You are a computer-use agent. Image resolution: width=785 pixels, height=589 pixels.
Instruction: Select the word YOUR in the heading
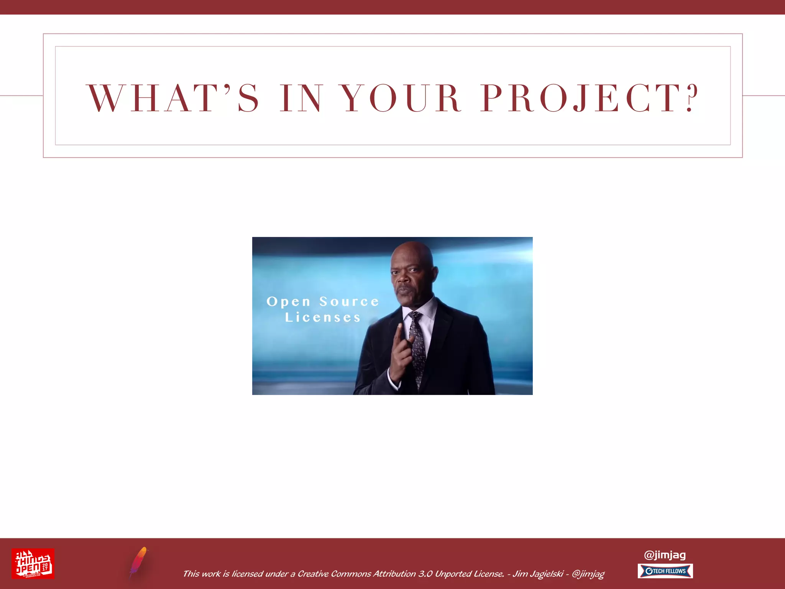pos(401,98)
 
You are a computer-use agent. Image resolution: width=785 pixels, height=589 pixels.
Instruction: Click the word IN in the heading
pos(301,98)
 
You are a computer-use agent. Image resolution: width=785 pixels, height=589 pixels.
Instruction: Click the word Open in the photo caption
pos(288,302)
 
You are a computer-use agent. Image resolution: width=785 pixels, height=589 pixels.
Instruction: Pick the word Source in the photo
pos(349,302)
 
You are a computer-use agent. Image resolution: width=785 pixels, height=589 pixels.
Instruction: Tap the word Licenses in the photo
pos(323,318)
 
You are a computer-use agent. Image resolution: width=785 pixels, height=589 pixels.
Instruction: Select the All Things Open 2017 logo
pos(33,563)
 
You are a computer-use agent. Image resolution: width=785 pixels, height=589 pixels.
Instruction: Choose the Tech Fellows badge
pos(665,571)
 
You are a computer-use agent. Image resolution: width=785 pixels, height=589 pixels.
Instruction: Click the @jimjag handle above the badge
pos(665,554)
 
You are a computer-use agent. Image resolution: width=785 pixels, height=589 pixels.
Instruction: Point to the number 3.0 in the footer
pos(425,574)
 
